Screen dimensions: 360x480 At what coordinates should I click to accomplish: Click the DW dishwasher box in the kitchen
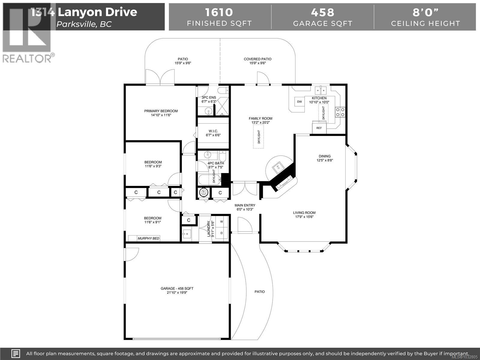point(299,102)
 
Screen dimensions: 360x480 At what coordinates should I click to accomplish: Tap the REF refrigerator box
point(319,128)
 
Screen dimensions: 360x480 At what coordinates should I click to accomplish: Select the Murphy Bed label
point(148,238)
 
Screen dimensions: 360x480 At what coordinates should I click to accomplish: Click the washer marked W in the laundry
point(222,222)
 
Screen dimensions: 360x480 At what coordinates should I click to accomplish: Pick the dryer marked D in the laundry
point(222,233)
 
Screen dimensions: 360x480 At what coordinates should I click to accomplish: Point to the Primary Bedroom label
point(161,111)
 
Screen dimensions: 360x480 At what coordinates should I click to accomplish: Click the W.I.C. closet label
point(213,131)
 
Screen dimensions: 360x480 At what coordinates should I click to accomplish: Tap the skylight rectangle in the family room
point(259,136)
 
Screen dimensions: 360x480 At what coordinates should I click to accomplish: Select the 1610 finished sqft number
point(219,12)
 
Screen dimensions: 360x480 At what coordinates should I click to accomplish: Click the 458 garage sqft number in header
point(322,12)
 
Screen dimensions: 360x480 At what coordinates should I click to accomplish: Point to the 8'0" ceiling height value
point(425,12)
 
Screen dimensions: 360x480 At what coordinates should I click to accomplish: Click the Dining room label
point(325,156)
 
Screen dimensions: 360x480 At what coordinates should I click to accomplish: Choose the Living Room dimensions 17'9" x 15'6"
point(304,217)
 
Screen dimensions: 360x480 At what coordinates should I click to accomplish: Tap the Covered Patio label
point(257,59)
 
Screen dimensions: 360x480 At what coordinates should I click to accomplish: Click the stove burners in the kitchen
point(340,112)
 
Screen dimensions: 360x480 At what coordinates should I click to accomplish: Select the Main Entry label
point(245,205)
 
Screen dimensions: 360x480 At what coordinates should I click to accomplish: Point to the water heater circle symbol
point(204,193)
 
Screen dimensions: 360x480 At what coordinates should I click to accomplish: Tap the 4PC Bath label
point(216,163)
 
